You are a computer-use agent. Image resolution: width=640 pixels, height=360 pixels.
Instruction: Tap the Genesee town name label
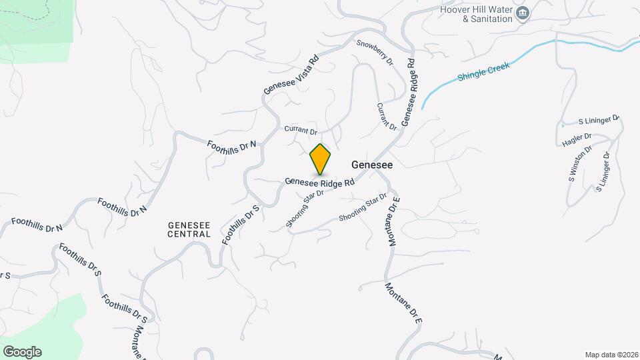pos(371,164)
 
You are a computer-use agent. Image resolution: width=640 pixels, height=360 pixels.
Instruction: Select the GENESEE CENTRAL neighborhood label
pos(189,229)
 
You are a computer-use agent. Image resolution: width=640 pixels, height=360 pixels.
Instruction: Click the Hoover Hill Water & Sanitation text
pos(476,14)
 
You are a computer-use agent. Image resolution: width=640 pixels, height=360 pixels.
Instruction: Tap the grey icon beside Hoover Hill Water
pos(523,13)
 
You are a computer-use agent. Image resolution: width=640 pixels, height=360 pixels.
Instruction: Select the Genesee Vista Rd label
pos(291,74)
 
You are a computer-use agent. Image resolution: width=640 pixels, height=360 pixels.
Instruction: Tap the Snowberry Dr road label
pos(375,53)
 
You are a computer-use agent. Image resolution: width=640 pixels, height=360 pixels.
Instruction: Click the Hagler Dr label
pos(577,140)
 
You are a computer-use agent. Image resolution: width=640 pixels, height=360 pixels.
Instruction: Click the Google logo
pos(22,352)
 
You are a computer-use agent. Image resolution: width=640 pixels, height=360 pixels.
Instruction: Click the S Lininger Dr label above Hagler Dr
pos(599,121)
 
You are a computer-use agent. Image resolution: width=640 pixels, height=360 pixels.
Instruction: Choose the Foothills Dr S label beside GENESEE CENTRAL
pos(240,225)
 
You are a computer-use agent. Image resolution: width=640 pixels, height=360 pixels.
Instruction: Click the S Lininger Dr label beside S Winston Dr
pos(603,172)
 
